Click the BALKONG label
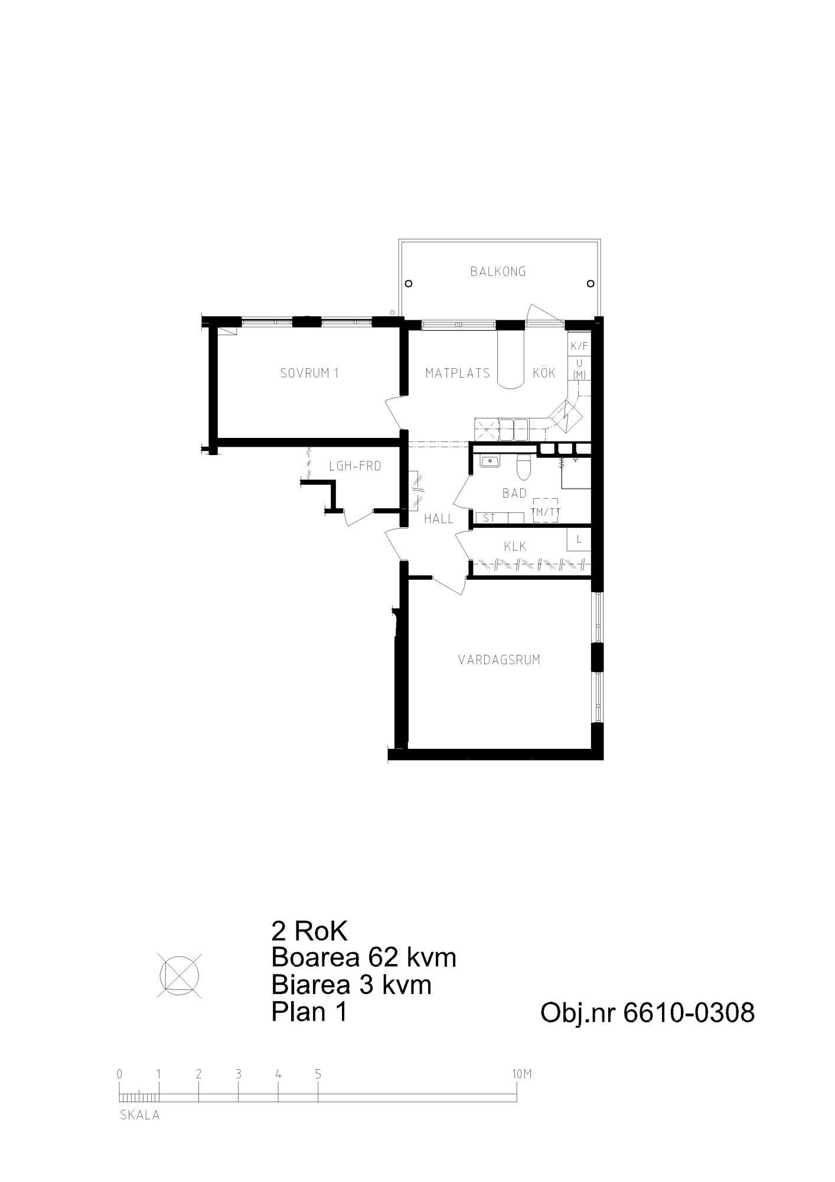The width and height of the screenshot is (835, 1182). point(498,272)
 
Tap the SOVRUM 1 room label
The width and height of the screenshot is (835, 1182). point(309,373)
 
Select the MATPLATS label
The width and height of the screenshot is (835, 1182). point(458,373)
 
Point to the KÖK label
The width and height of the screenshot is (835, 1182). point(544,372)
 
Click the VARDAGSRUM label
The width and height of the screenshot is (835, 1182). point(499,660)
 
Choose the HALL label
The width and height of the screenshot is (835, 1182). point(439,519)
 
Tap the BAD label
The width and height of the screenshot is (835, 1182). point(514,493)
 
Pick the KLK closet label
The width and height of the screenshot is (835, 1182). point(515,547)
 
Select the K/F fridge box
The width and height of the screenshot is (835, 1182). point(579,346)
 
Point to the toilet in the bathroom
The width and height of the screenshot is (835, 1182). point(523,467)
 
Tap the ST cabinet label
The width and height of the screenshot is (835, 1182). point(489,518)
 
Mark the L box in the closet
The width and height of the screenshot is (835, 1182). point(579,539)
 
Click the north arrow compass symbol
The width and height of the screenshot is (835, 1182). point(180,976)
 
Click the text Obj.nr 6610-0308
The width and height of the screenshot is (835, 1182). point(648,1013)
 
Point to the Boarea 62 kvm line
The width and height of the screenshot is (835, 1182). point(364,957)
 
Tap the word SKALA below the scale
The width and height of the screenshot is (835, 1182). point(140,1116)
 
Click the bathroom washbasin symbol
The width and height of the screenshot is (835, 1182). point(490,460)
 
